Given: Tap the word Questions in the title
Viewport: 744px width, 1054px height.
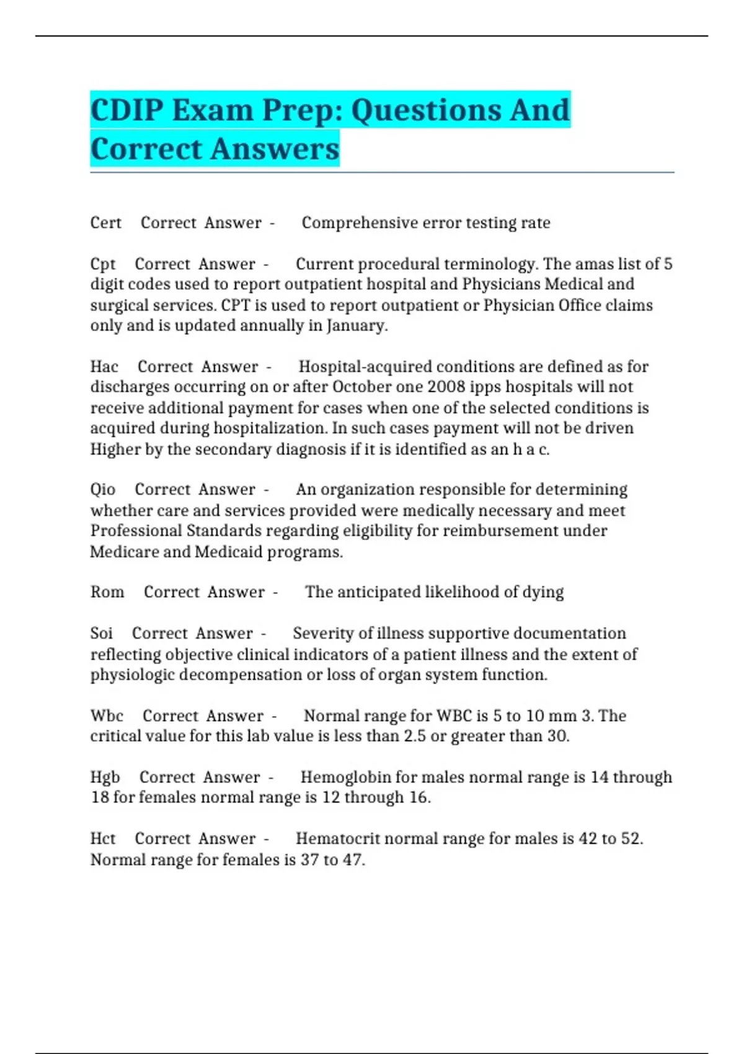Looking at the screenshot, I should pyautogui.click(x=426, y=110).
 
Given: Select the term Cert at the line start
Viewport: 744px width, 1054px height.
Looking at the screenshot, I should pyautogui.click(x=106, y=223).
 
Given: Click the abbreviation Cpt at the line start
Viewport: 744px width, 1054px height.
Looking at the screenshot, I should pyautogui.click(x=103, y=264).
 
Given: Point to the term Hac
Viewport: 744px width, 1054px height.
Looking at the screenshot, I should pyautogui.click(x=104, y=366).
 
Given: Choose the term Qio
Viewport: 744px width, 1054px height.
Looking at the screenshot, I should pyautogui.click(x=103, y=490).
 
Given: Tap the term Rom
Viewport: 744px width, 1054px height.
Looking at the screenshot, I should pyautogui.click(x=107, y=592).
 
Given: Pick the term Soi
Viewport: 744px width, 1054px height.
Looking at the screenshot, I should pyautogui.click(x=102, y=633).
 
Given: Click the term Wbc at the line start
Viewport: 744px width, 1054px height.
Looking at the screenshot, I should pyautogui.click(x=107, y=715).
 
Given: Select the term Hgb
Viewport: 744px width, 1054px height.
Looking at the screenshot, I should pyautogui.click(x=105, y=777).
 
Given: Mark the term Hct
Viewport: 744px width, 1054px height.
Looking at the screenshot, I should pyautogui.click(x=103, y=839).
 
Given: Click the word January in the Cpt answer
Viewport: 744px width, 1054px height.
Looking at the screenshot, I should pyautogui.click(x=356, y=325).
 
